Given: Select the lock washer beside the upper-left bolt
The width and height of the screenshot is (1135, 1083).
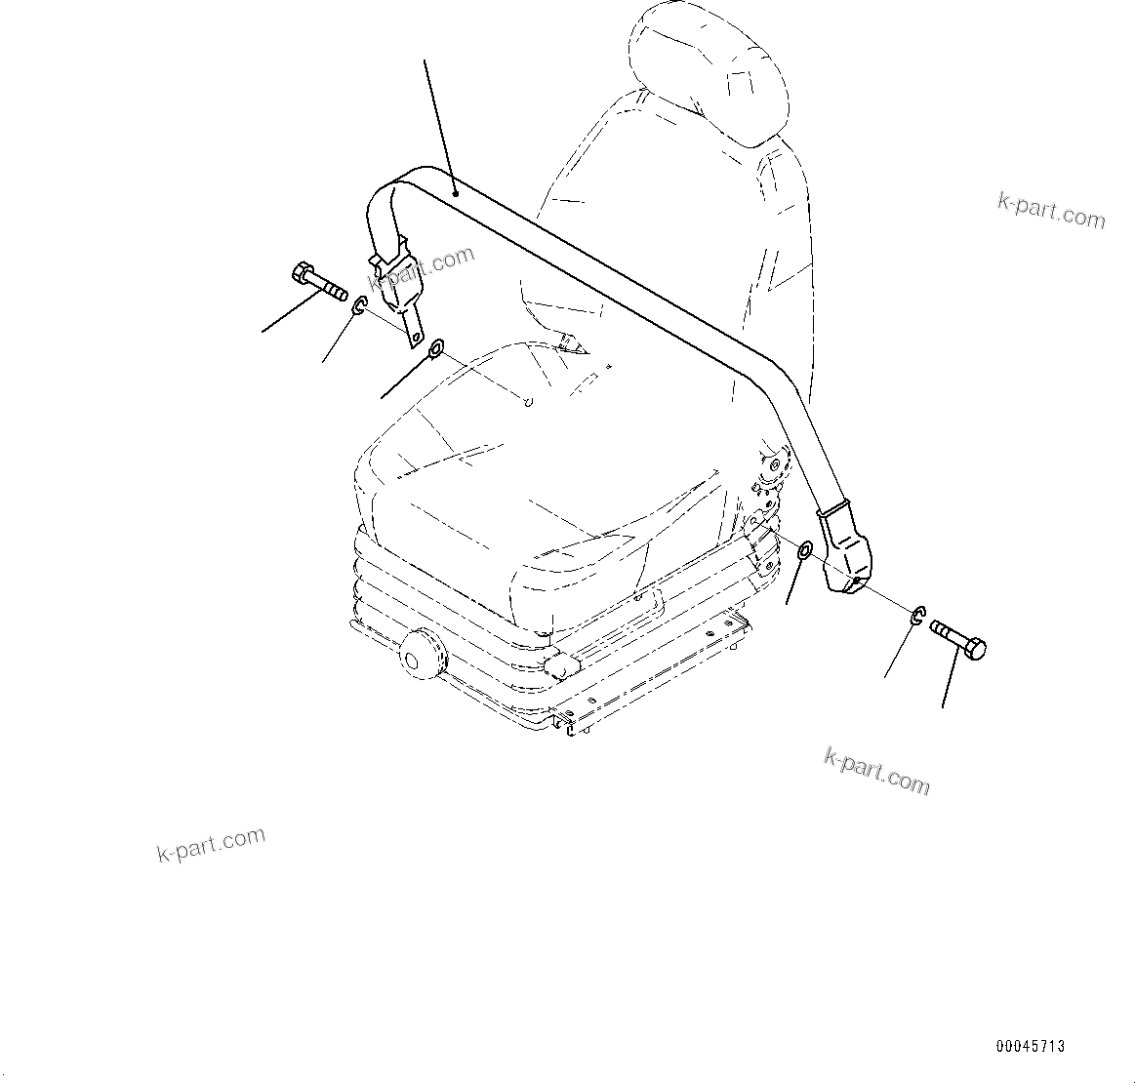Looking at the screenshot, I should pyautogui.click(x=358, y=306).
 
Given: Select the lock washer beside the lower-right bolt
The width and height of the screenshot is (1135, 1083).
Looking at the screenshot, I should pyautogui.click(x=918, y=615).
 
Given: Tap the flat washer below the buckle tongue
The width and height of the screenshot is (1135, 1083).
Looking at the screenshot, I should pyautogui.click(x=436, y=347).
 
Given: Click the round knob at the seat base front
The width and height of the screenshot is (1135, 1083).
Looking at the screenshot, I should pyautogui.click(x=422, y=652).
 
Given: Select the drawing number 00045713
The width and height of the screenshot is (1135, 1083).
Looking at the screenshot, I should pyautogui.click(x=1030, y=1046).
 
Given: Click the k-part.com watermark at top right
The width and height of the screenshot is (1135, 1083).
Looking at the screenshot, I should pyautogui.click(x=1051, y=210).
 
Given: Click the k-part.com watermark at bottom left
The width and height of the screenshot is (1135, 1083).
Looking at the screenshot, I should pyautogui.click(x=211, y=845).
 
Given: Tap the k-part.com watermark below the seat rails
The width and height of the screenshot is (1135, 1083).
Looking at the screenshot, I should pyautogui.click(x=876, y=772).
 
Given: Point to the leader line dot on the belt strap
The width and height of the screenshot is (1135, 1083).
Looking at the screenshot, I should pyautogui.click(x=455, y=195).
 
